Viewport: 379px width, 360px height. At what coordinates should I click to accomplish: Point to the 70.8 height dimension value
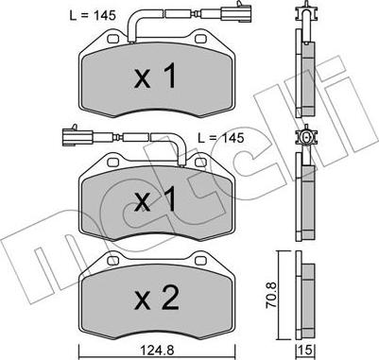pos(272,295)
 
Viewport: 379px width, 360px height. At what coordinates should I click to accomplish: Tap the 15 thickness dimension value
pos(305,350)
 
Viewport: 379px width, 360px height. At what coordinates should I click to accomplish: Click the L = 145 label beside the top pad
pos(93,15)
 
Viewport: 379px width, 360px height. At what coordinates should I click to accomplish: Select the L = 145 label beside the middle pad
pos(221,138)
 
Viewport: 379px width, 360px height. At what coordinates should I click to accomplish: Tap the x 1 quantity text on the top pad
pos(155,76)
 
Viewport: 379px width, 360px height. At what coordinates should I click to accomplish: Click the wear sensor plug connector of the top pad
pos(236,13)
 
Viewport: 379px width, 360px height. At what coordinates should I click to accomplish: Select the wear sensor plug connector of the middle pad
pos(78,137)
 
